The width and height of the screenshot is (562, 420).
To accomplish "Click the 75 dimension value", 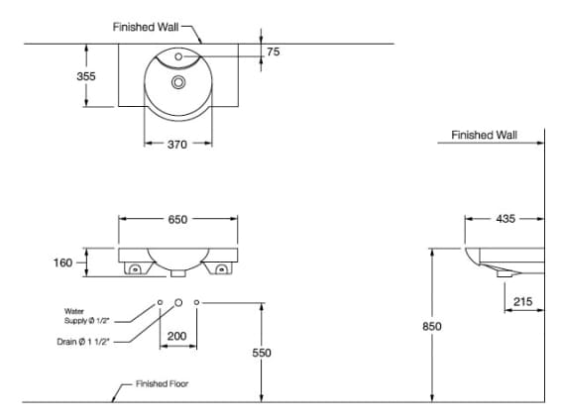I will click(x=274, y=52).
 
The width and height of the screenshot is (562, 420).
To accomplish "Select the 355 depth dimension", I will click(x=86, y=76).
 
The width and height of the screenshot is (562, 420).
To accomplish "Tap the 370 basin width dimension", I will click(x=176, y=145).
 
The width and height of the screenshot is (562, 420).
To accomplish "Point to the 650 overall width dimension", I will click(x=176, y=220).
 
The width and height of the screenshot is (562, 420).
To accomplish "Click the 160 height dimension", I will click(x=61, y=263).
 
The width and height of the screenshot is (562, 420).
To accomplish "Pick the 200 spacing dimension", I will click(x=176, y=337).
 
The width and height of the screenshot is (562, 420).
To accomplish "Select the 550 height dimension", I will click(x=262, y=353).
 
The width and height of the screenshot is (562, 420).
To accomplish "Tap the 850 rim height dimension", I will click(x=431, y=326).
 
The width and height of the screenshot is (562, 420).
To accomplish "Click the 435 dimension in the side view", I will click(x=505, y=220).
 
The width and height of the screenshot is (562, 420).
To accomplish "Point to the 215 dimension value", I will click(x=524, y=300).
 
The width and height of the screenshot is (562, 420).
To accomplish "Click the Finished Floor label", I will click(x=162, y=384).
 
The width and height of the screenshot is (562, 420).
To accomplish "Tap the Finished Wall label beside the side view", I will click(x=484, y=135).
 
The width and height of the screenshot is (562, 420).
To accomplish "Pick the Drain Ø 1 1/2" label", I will click(x=82, y=342).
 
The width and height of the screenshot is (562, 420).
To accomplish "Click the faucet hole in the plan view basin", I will click(x=178, y=58).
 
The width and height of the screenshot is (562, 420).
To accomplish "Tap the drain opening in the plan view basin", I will click(x=178, y=82).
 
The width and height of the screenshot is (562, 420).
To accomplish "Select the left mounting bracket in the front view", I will click(x=133, y=267).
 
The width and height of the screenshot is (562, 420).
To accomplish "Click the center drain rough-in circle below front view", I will click(x=177, y=301).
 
